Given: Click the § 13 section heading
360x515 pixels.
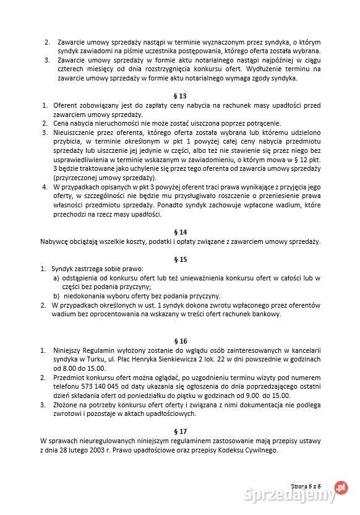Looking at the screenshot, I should [180, 97].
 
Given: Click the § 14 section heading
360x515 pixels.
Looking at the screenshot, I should [180, 231].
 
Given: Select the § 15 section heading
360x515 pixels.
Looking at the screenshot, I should [180, 259].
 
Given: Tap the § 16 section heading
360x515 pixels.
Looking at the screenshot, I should [180, 341].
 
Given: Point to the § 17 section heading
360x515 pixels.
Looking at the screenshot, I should [180, 431].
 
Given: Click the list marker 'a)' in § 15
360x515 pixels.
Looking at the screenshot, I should [56, 278].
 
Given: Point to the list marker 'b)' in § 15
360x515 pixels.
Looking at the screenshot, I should [56, 296].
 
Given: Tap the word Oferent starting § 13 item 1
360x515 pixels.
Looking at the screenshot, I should [66, 106].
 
